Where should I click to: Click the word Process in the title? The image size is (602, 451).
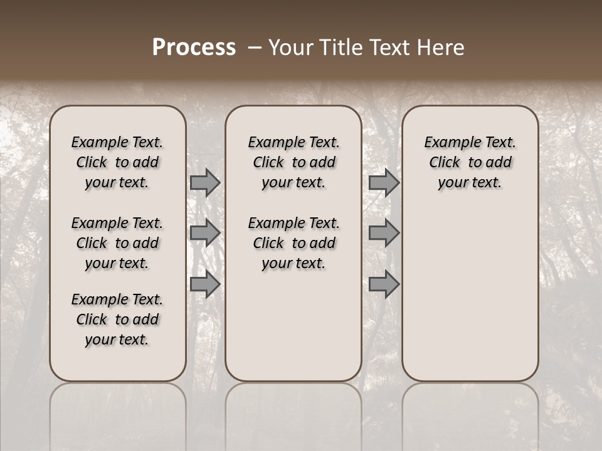[194, 48]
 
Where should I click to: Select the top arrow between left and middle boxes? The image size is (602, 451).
[205, 182]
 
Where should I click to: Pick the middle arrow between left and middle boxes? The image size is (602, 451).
[205, 233]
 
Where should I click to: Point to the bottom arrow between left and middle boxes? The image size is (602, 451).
[205, 284]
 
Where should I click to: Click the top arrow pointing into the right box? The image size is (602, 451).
[384, 182]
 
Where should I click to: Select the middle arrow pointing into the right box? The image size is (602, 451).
[384, 233]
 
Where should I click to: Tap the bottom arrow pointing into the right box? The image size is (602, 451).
[384, 284]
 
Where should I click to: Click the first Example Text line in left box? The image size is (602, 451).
[117, 142]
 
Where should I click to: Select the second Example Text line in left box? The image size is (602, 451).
[117, 223]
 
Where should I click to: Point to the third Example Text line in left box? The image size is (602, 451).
[117, 299]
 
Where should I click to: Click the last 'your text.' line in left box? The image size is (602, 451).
[117, 340]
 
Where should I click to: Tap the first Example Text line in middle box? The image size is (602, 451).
[293, 142]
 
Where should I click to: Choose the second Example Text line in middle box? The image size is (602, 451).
[293, 223]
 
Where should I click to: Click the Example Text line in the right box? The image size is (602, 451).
[470, 142]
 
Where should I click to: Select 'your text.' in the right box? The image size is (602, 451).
[470, 182]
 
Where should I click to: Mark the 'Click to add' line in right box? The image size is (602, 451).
[470, 162]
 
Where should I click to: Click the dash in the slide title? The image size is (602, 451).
[255, 48]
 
